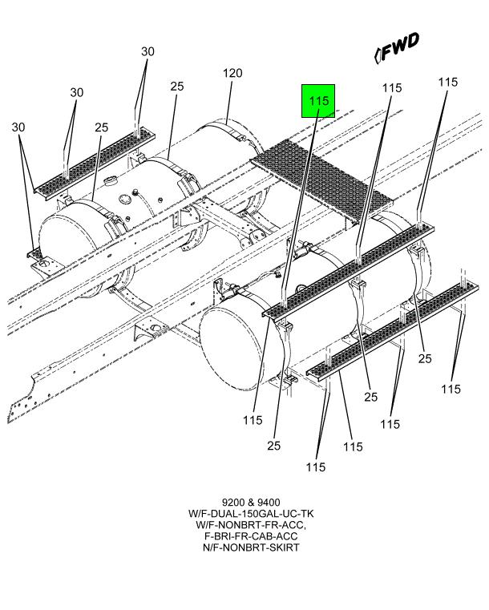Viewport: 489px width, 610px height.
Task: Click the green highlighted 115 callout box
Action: click(317, 101)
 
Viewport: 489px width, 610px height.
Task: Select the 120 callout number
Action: click(232, 73)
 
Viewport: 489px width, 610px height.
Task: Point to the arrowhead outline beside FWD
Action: click(378, 55)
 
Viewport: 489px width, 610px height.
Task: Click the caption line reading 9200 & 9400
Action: click(245, 502)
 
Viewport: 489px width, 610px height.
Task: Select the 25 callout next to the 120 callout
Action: click(177, 86)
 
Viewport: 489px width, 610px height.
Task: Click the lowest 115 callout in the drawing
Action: click(316, 467)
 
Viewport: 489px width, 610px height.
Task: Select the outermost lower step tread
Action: click(393, 329)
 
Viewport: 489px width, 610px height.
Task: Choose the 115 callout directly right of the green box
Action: click(391, 88)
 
